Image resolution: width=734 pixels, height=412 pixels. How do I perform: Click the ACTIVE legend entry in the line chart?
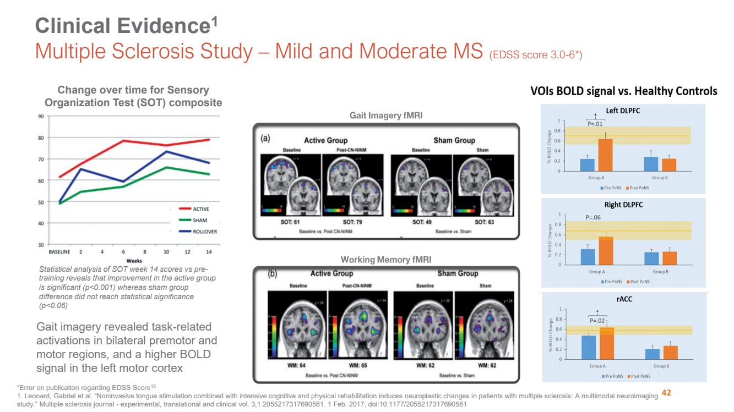(200, 209)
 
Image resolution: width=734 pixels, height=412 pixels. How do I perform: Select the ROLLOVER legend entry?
(205, 232)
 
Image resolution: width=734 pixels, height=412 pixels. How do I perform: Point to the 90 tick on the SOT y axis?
(41, 117)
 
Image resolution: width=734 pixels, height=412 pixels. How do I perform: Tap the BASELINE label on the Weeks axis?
(59, 251)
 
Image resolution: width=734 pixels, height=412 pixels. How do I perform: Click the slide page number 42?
(666, 393)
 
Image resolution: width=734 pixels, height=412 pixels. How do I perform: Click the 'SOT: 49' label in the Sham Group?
(421, 222)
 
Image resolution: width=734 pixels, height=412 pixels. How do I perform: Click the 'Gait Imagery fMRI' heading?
(386, 116)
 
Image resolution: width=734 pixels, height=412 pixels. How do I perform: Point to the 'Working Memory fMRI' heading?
(386, 260)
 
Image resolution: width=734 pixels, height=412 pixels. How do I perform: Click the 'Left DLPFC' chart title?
(623, 111)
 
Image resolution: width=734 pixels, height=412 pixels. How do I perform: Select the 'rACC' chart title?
(623, 299)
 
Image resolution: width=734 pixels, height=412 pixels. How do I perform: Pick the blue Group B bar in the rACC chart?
(652, 354)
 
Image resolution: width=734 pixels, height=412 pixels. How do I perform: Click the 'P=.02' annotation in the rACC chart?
(598, 321)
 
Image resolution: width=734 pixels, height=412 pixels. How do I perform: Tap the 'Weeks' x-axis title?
(134, 260)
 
